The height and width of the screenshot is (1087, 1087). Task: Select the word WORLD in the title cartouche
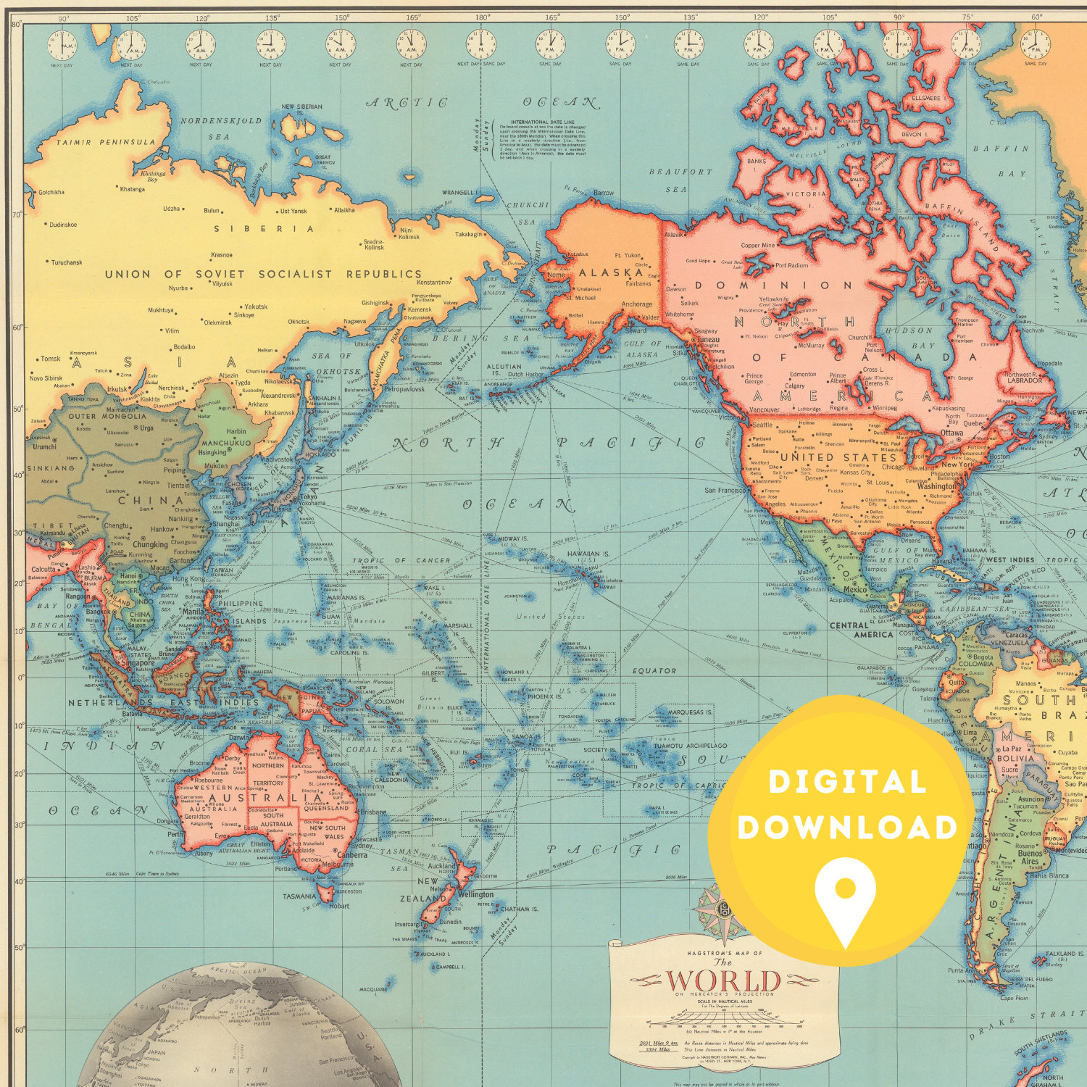point(722,981)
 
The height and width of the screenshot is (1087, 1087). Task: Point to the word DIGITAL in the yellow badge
point(847,782)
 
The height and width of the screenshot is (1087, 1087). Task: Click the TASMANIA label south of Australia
point(299,896)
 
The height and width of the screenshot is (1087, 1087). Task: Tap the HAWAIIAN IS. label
point(589,554)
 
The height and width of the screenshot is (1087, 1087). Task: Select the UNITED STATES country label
point(838,457)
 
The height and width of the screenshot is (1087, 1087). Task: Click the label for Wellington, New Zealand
point(475,894)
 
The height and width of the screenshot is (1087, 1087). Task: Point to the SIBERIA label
point(264,229)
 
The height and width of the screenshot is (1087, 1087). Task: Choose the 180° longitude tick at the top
point(481,17)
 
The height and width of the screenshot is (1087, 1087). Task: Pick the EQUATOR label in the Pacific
point(654,670)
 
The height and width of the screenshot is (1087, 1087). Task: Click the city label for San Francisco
point(725,491)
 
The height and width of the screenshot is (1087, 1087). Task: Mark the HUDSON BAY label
point(910,337)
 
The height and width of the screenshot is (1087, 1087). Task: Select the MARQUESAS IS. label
point(690,712)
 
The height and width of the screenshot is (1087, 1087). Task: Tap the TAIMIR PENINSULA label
point(106,143)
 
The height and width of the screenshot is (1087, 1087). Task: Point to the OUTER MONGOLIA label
point(107,416)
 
